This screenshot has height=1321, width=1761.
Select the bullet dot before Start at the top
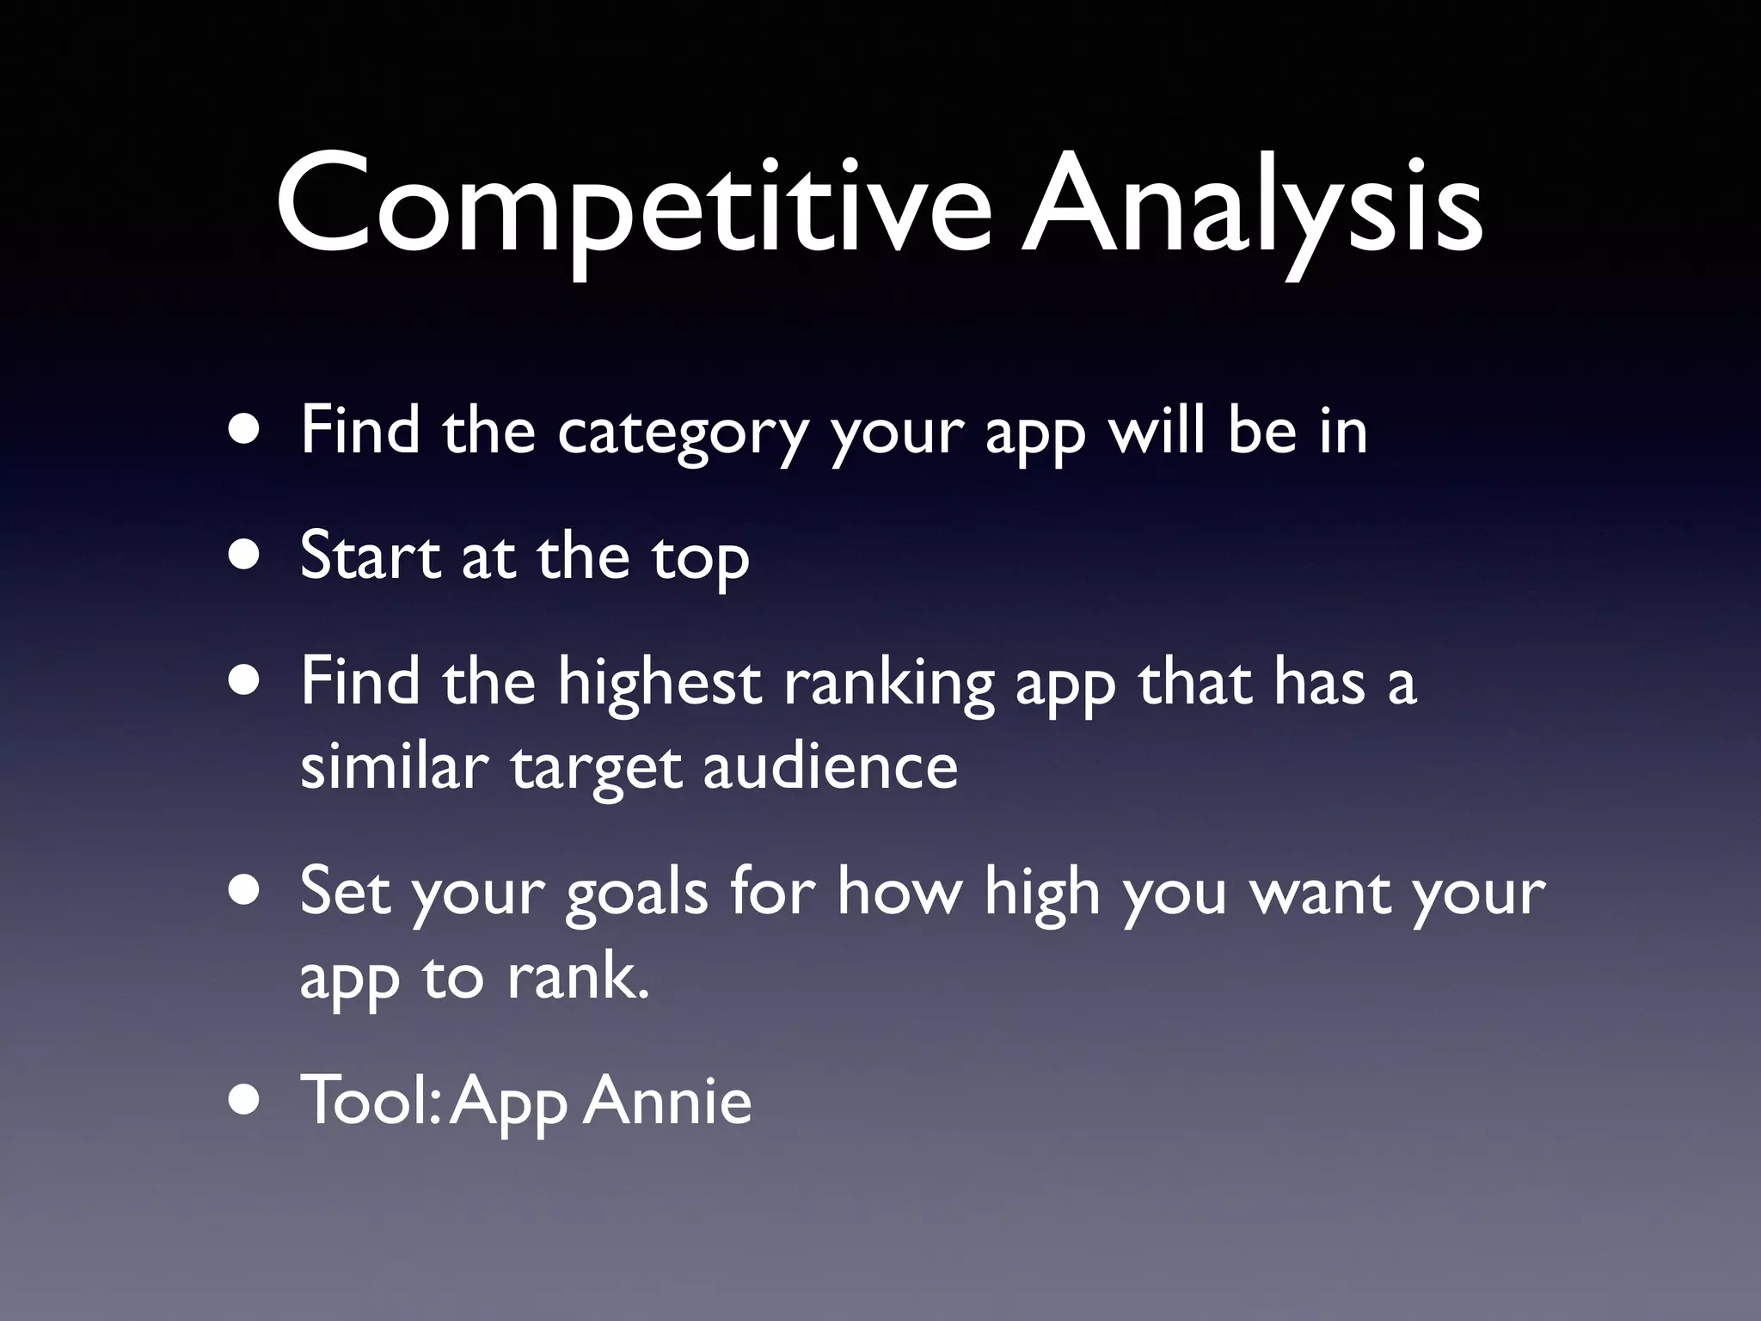pos(245,557)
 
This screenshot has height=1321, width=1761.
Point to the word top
pos(700,559)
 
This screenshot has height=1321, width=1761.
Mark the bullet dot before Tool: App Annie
pos(245,1103)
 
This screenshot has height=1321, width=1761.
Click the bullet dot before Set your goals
pos(245,894)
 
